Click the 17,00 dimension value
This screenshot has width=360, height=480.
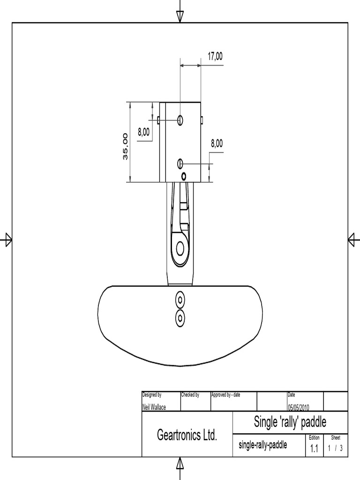pyautogui.click(x=215, y=56)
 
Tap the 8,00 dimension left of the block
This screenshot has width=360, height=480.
pyautogui.click(x=143, y=133)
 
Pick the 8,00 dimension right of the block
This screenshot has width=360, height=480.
pyautogui.click(x=217, y=143)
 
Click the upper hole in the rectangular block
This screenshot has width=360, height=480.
pyautogui.click(x=180, y=120)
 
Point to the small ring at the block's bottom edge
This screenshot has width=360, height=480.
pyautogui.click(x=184, y=176)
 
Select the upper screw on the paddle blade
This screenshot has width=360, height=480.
pyautogui.click(x=180, y=299)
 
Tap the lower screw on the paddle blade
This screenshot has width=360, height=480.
pyautogui.click(x=180, y=318)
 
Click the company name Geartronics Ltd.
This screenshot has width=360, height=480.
pyautogui.click(x=187, y=435)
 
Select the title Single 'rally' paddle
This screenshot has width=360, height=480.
pyautogui.click(x=290, y=422)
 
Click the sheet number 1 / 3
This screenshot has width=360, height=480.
pyautogui.click(x=335, y=448)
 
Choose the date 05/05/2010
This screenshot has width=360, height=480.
pyautogui.click(x=298, y=407)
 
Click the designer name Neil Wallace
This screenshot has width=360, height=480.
pyautogui.click(x=154, y=407)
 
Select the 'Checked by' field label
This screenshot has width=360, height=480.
pyautogui.click(x=190, y=395)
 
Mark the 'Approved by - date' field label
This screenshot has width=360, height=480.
pyautogui.click(x=225, y=395)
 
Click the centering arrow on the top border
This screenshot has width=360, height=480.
pyautogui.click(x=180, y=16)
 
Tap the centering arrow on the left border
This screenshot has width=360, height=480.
pyautogui.click(x=7, y=240)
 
